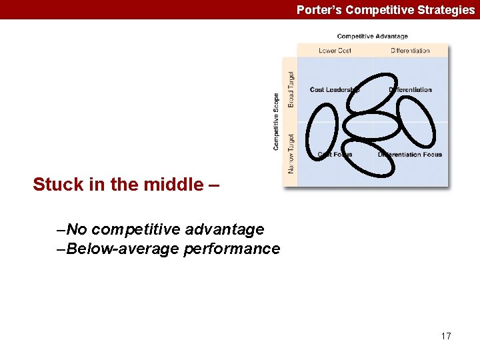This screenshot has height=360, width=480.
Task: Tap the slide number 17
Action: pos(446,336)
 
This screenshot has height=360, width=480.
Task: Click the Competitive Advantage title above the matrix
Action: pos(372,36)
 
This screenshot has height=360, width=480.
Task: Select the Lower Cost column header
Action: pos(335,51)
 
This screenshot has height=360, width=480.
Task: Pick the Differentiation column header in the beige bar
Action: pos(410,51)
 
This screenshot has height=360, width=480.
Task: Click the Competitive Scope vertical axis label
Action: pos(276,121)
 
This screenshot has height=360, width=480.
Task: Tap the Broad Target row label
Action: pos(291,89)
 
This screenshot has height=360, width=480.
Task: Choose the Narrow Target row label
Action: pos(291,153)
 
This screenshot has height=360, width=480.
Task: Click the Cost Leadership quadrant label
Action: pos(334,90)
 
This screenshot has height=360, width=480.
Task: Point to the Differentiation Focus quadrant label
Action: pos(409,155)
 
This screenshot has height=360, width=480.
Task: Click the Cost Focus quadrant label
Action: pos(335,155)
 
